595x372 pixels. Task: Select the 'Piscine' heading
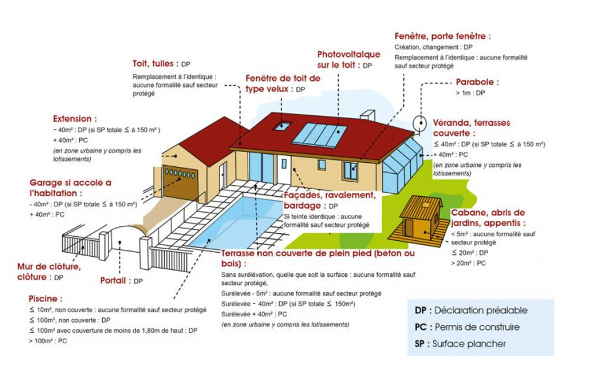pos(46,299)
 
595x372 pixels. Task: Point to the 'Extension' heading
pos(75,119)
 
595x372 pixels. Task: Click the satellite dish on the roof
pos(419,124)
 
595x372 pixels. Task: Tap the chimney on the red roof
pos(367,115)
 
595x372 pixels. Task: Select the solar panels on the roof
pos(320,134)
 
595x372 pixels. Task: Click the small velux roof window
pos(282,126)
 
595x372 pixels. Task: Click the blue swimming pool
pos(236,221)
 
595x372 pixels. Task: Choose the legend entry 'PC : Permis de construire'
pos(467,327)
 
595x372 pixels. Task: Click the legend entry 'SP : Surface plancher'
pos(460,344)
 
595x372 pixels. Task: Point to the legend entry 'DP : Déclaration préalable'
pos(471,310)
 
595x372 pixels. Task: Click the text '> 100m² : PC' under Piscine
pos(48,341)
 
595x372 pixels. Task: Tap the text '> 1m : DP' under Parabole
pos(471,93)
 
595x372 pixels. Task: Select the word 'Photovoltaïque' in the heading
pos(349,54)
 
